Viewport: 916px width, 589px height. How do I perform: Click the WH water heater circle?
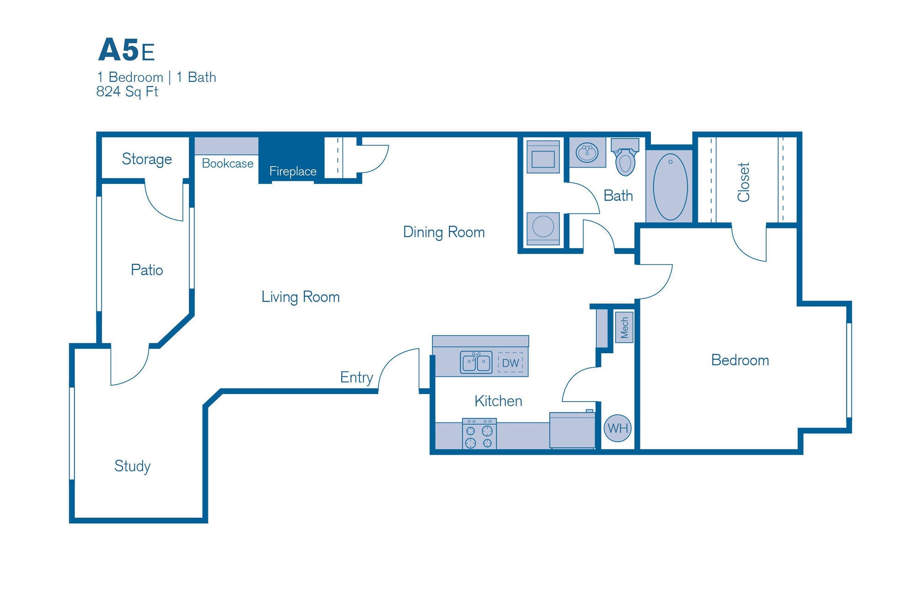point(617,428)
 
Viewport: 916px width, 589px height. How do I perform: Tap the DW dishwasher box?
point(510,363)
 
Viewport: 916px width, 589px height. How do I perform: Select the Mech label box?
point(624,327)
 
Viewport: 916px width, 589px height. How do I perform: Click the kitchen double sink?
point(476,362)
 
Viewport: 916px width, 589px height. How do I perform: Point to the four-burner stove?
point(479,434)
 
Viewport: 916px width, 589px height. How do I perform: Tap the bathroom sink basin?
point(587,153)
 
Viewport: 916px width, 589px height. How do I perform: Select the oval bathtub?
point(670,187)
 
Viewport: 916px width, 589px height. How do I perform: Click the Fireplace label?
point(293,171)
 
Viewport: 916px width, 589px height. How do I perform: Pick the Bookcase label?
point(228,163)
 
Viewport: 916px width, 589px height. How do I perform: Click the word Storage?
point(147,159)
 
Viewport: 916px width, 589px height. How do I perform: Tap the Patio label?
point(147,270)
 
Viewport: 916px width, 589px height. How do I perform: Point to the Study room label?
point(132,466)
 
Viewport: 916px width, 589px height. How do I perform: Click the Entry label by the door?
point(356,377)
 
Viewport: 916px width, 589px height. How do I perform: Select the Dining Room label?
point(443,232)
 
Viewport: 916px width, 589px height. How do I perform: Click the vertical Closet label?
point(743,182)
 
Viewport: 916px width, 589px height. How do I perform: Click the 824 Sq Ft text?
point(127,92)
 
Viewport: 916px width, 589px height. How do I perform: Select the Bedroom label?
point(740,360)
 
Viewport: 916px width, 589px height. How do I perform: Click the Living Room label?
point(300,297)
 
